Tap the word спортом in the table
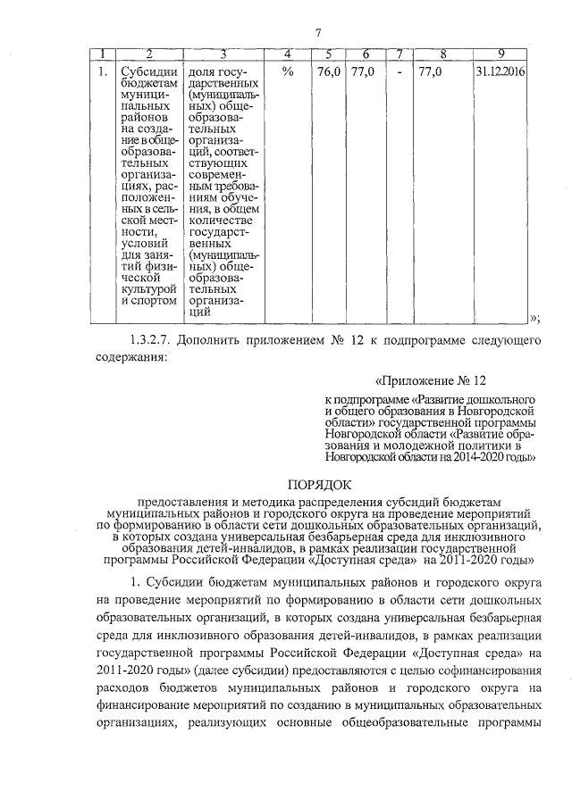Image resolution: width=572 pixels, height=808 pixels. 154,302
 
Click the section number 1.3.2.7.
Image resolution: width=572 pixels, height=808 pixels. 147,340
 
